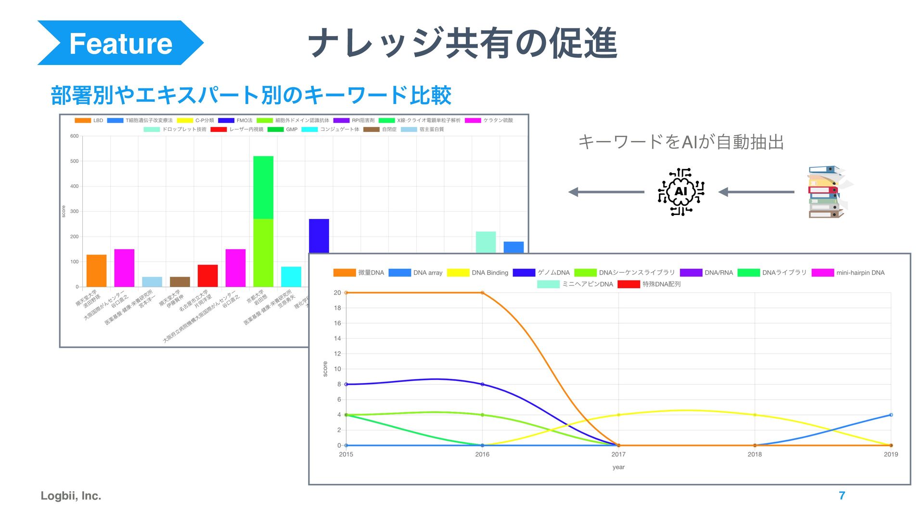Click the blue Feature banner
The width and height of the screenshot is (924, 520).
pyautogui.click(x=120, y=43)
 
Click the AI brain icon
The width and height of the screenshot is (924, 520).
pyautogui.click(x=680, y=192)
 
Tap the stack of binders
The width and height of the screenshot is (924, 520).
pyautogui.click(x=827, y=192)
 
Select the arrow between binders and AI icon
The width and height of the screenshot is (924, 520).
pyautogui.click(x=757, y=192)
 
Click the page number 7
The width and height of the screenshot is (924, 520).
pyautogui.click(x=842, y=495)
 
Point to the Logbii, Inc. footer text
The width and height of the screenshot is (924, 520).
pyautogui.click(x=71, y=495)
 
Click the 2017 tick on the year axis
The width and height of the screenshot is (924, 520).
pyautogui.click(x=618, y=454)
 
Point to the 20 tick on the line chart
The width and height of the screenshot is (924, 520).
pyautogui.click(x=337, y=292)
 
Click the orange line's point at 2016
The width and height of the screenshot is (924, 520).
pyautogui.click(x=482, y=292)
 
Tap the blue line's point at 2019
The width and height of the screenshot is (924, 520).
pyautogui.click(x=891, y=415)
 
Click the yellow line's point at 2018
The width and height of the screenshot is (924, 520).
pyautogui.click(x=755, y=415)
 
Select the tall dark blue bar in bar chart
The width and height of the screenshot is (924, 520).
pyautogui.click(x=319, y=236)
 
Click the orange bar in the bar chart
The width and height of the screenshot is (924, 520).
pyautogui.click(x=96, y=270)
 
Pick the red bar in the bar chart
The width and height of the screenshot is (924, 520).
pyautogui.click(x=207, y=276)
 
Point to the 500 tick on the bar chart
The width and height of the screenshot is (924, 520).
pyautogui.click(x=74, y=161)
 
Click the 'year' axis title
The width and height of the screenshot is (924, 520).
pyautogui.click(x=618, y=467)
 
